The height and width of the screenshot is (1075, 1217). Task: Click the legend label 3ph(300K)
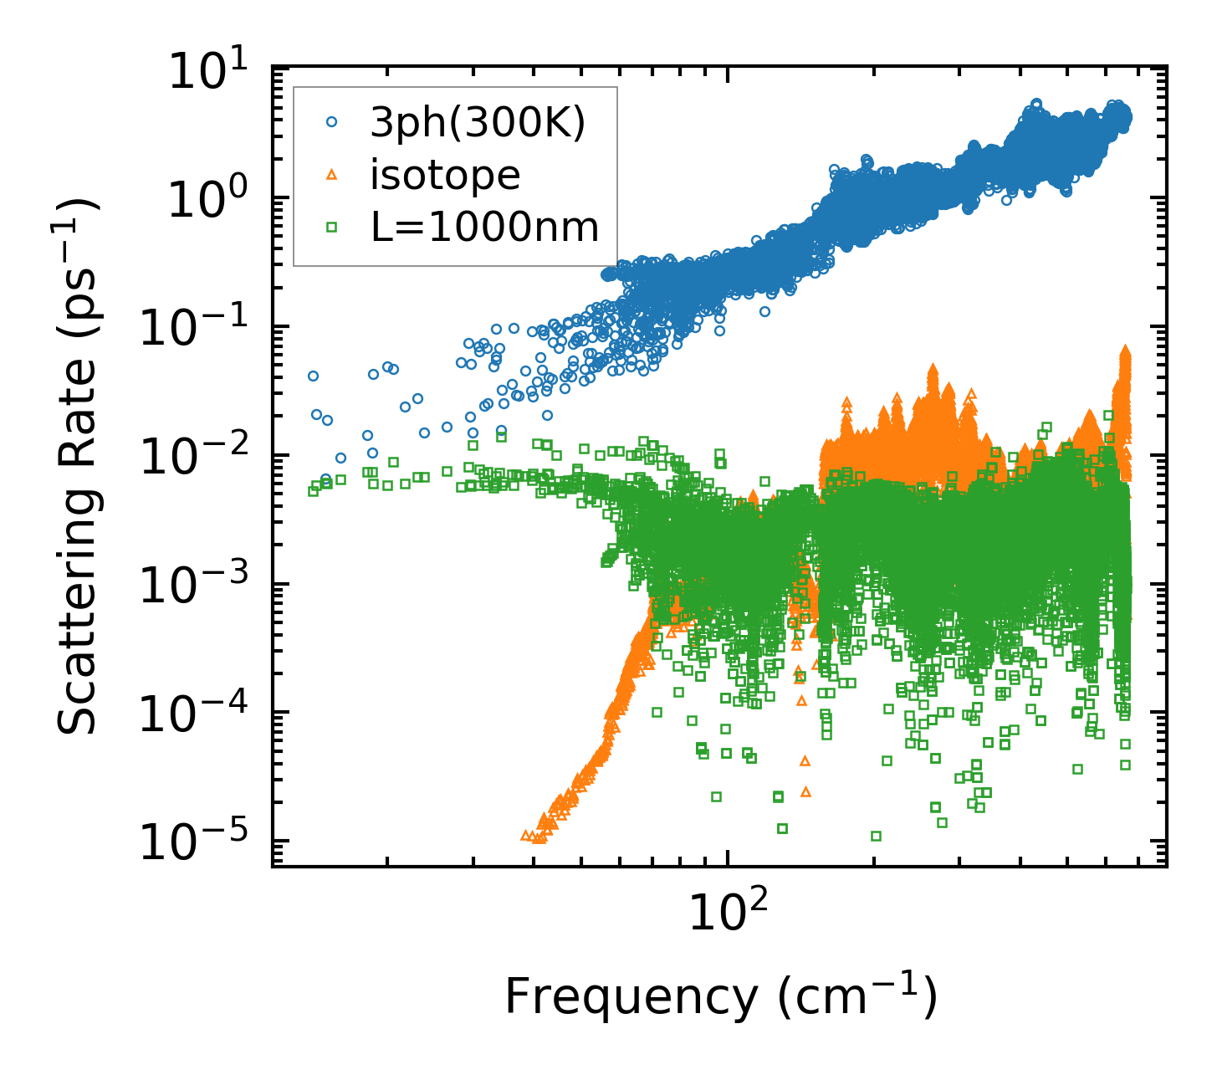click(478, 124)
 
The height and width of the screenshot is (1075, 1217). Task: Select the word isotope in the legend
click(446, 176)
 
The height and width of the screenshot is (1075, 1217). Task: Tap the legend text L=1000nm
click(485, 228)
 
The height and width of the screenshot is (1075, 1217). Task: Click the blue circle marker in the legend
click(332, 122)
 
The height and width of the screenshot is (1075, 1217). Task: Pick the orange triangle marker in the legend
click(332, 174)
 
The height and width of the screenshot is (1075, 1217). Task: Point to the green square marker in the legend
click(332, 227)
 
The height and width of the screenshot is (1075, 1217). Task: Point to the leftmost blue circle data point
click(313, 376)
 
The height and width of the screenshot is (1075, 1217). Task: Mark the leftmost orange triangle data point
click(525, 835)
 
